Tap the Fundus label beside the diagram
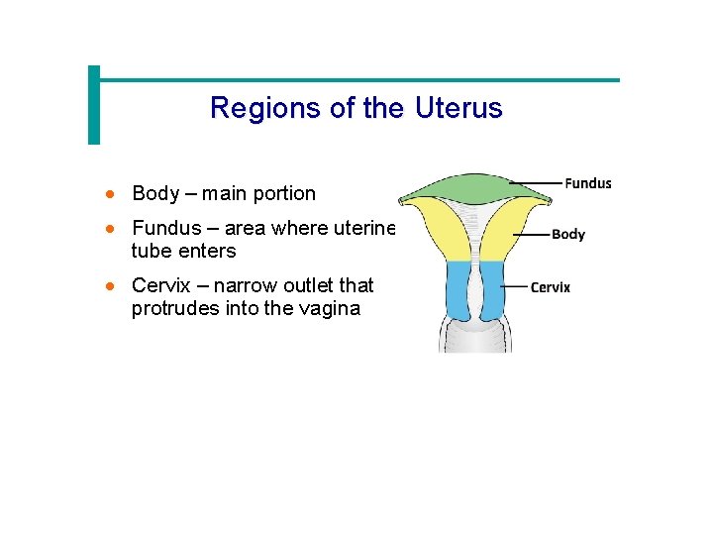click(587, 183)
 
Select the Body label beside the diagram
click(568, 235)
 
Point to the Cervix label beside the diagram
click(551, 287)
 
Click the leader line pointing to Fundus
click(535, 183)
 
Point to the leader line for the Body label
click(536, 235)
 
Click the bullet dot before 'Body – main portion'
click(115, 194)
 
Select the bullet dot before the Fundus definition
click(115, 229)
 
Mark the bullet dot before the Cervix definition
click(115, 286)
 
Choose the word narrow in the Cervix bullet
click(244, 285)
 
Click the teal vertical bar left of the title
click(94, 105)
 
